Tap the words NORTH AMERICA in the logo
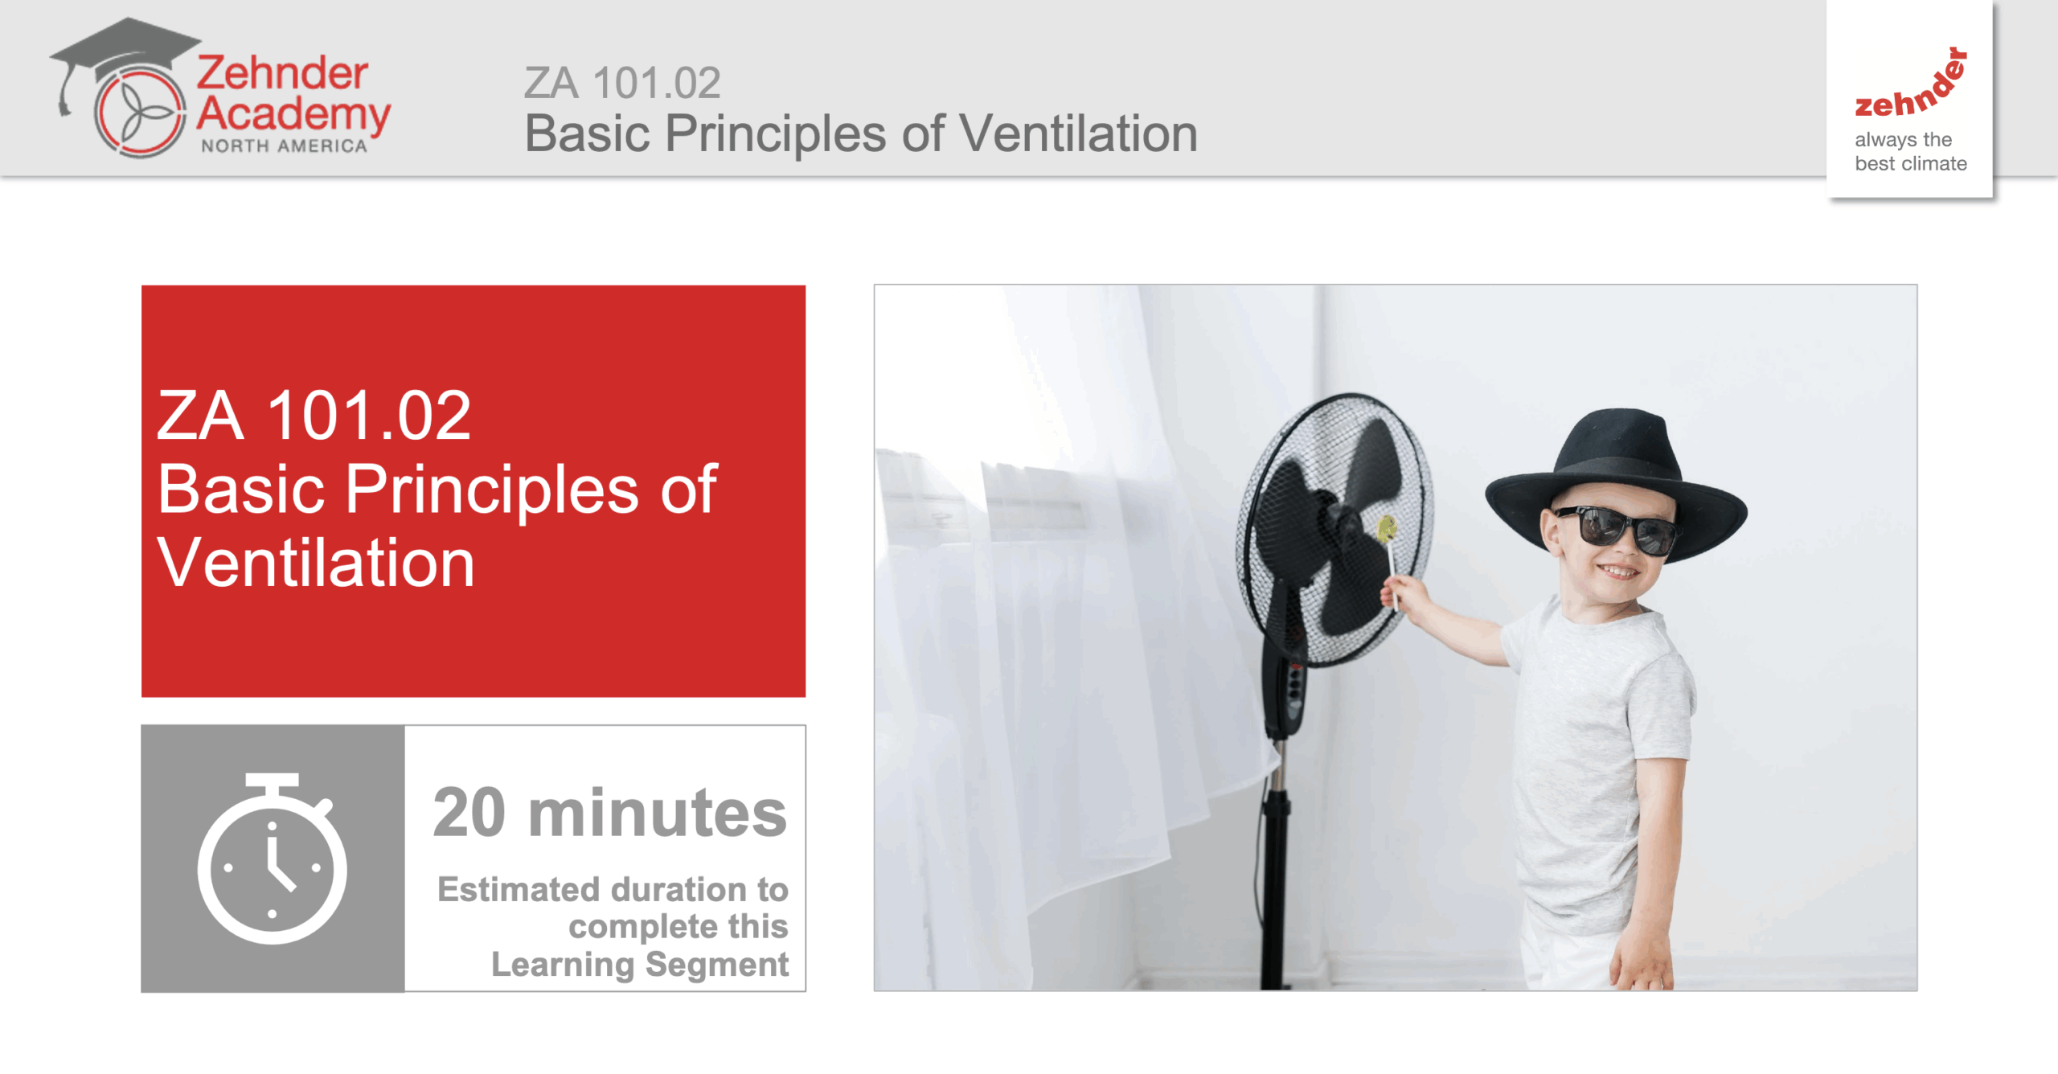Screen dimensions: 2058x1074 pos(284,146)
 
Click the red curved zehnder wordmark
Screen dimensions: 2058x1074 pos(1912,84)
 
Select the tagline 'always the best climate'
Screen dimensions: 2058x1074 pos(1910,151)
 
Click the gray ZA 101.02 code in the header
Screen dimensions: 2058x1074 pos(622,83)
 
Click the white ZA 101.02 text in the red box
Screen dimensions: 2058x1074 pos(314,416)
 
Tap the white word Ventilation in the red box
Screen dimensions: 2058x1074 pos(316,563)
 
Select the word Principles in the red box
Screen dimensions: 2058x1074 pos(492,490)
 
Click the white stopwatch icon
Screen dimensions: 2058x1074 pos(273,858)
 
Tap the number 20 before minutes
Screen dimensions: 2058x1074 pos(469,814)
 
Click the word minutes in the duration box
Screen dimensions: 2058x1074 pos(658,814)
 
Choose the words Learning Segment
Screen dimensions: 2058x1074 pos(640,965)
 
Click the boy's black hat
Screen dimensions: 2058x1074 pos(1616,482)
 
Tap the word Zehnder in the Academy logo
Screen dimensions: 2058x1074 pos(282,73)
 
